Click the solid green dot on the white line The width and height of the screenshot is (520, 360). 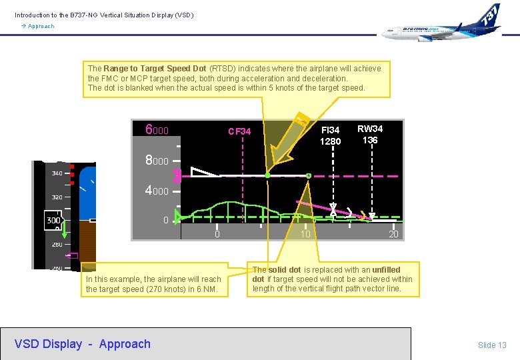[x=267, y=175]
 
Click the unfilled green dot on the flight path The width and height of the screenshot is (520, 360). [x=308, y=176]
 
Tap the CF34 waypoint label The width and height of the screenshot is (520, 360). [x=239, y=131]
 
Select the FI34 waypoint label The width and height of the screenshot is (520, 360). [x=330, y=130]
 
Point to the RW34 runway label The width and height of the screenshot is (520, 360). [x=370, y=129]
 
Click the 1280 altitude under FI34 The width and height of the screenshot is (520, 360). [x=330, y=141]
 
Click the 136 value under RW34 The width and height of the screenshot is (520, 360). [x=370, y=140]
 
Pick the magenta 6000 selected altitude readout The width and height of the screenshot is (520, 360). [x=157, y=130]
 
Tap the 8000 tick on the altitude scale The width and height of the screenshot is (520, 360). [x=157, y=161]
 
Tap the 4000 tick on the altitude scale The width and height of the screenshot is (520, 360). [x=157, y=191]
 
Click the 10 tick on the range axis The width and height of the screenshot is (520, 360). [x=305, y=234]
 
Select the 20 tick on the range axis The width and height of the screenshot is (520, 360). [x=393, y=234]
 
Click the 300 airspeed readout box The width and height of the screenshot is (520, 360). [x=53, y=220]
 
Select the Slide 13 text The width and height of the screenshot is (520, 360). [x=492, y=345]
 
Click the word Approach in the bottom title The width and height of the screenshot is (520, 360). [x=125, y=344]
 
